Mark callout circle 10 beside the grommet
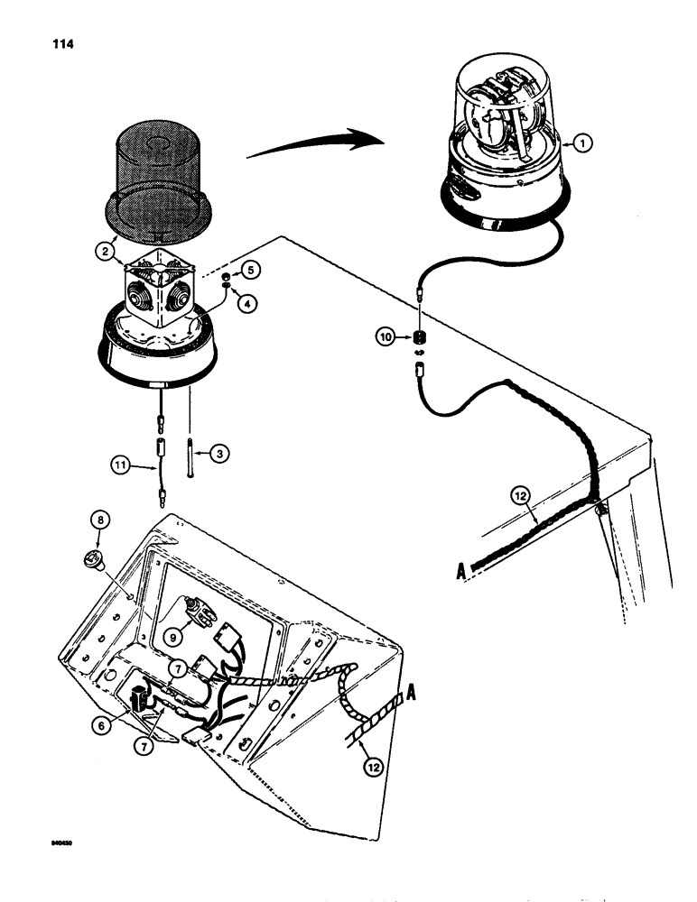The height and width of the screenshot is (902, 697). point(387,337)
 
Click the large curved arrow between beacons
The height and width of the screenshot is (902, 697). point(311,144)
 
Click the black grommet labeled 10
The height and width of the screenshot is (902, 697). point(418,338)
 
